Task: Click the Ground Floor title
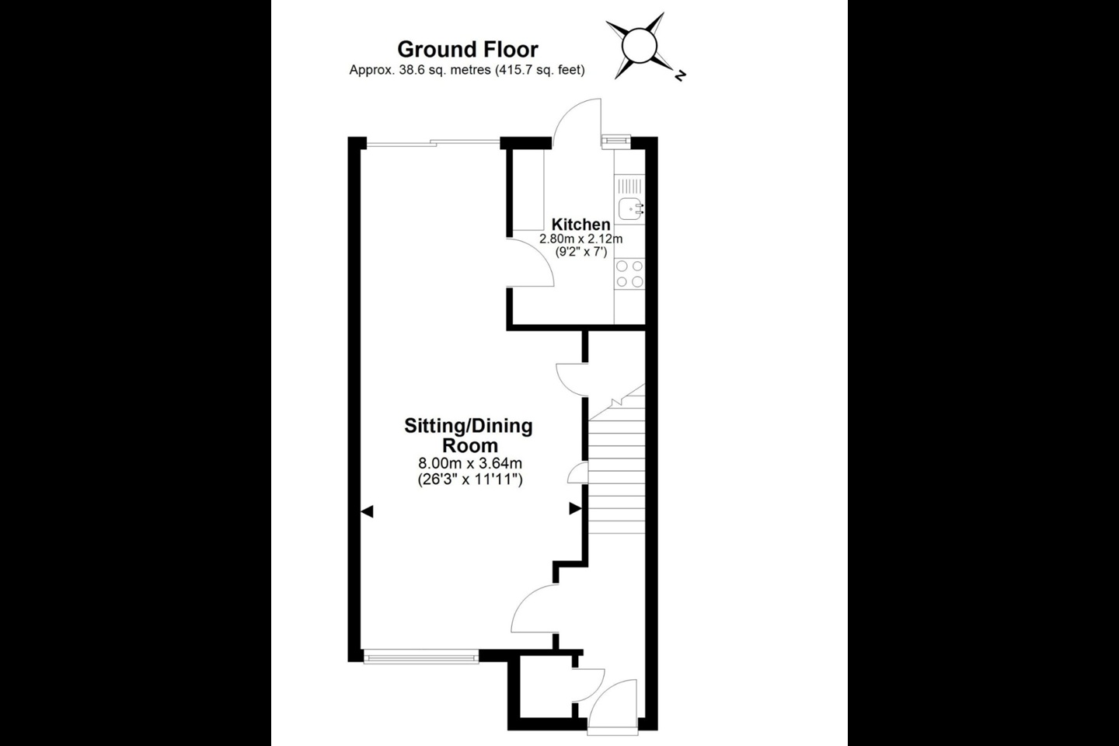467,49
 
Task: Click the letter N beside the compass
680,76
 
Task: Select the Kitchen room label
581,225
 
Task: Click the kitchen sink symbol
629,208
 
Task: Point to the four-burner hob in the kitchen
629,274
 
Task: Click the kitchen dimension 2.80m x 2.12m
581,239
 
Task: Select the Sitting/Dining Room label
469,435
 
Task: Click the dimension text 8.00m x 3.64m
469,464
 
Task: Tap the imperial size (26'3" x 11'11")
469,479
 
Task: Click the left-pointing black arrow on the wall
368,511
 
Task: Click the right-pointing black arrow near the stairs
575,508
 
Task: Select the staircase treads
617,474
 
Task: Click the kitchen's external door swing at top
581,120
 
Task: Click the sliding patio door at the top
432,142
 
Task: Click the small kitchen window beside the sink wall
615,140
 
